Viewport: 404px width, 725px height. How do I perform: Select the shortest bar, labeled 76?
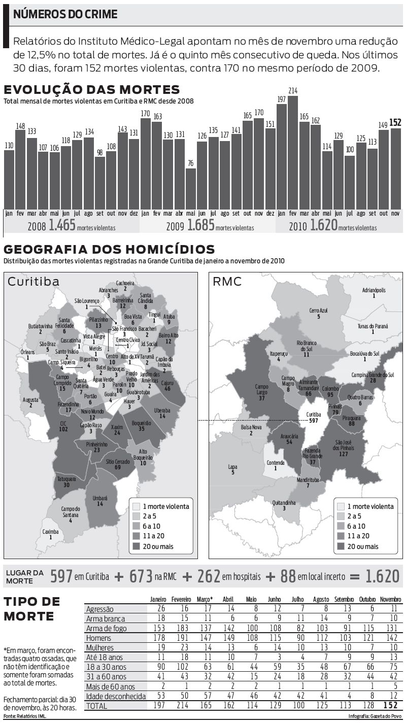pyautogui.click(x=190, y=187)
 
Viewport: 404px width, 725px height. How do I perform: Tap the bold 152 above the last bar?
pyautogui.click(x=395, y=123)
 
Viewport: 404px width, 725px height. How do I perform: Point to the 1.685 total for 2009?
pyautogui.click(x=201, y=225)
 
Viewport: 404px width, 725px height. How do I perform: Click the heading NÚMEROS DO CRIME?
pyautogui.click(x=65, y=14)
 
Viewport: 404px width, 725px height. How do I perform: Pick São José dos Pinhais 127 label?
pyautogui.click(x=347, y=448)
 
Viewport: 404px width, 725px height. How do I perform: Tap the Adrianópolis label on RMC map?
pyautogui.click(x=374, y=293)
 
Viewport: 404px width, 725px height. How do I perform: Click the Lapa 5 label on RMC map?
pyautogui.click(x=233, y=469)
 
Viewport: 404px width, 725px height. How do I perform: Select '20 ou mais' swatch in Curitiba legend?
pyautogui.click(x=136, y=546)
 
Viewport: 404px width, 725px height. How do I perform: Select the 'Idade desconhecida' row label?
pyautogui.click(x=116, y=696)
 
